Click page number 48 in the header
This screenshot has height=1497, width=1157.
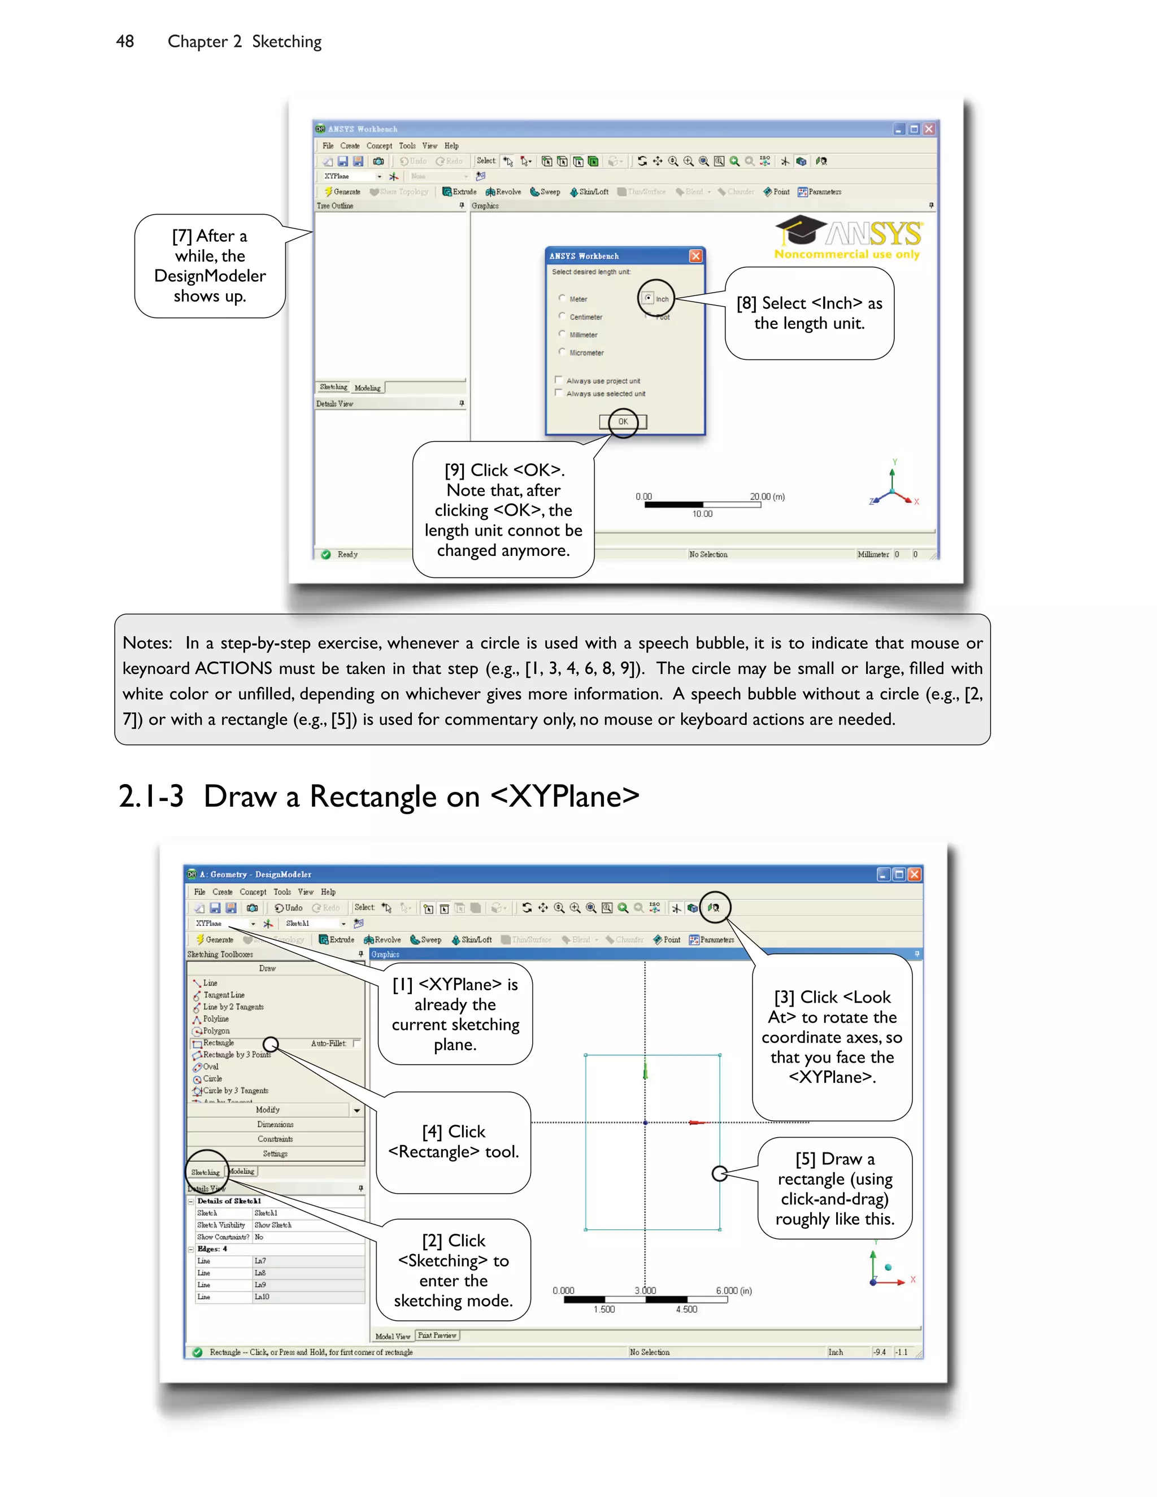pos(125,41)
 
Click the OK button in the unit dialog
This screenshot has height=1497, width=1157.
pos(623,421)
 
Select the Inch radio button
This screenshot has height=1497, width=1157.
pos(649,298)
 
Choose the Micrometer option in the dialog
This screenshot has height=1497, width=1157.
pos(562,353)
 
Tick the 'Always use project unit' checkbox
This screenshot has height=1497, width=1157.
pos(559,380)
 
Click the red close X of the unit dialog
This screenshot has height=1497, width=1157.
pos(695,256)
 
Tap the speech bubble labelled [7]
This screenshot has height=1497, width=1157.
pos(210,266)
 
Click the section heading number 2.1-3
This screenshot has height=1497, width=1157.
pos(151,797)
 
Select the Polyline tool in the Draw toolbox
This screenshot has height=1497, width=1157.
pos(215,1019)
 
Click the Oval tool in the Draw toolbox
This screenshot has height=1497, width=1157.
pos(210,1067)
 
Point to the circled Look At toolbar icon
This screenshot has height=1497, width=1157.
pos(714,908)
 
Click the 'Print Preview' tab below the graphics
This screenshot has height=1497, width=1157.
pos(437,1335)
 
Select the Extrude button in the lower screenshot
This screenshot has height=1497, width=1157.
pos(337,940)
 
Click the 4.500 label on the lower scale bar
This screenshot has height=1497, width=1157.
pos(686,1309)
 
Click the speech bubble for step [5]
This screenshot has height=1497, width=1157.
pos(834,1189)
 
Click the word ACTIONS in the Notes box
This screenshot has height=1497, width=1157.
pos(233,668)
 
